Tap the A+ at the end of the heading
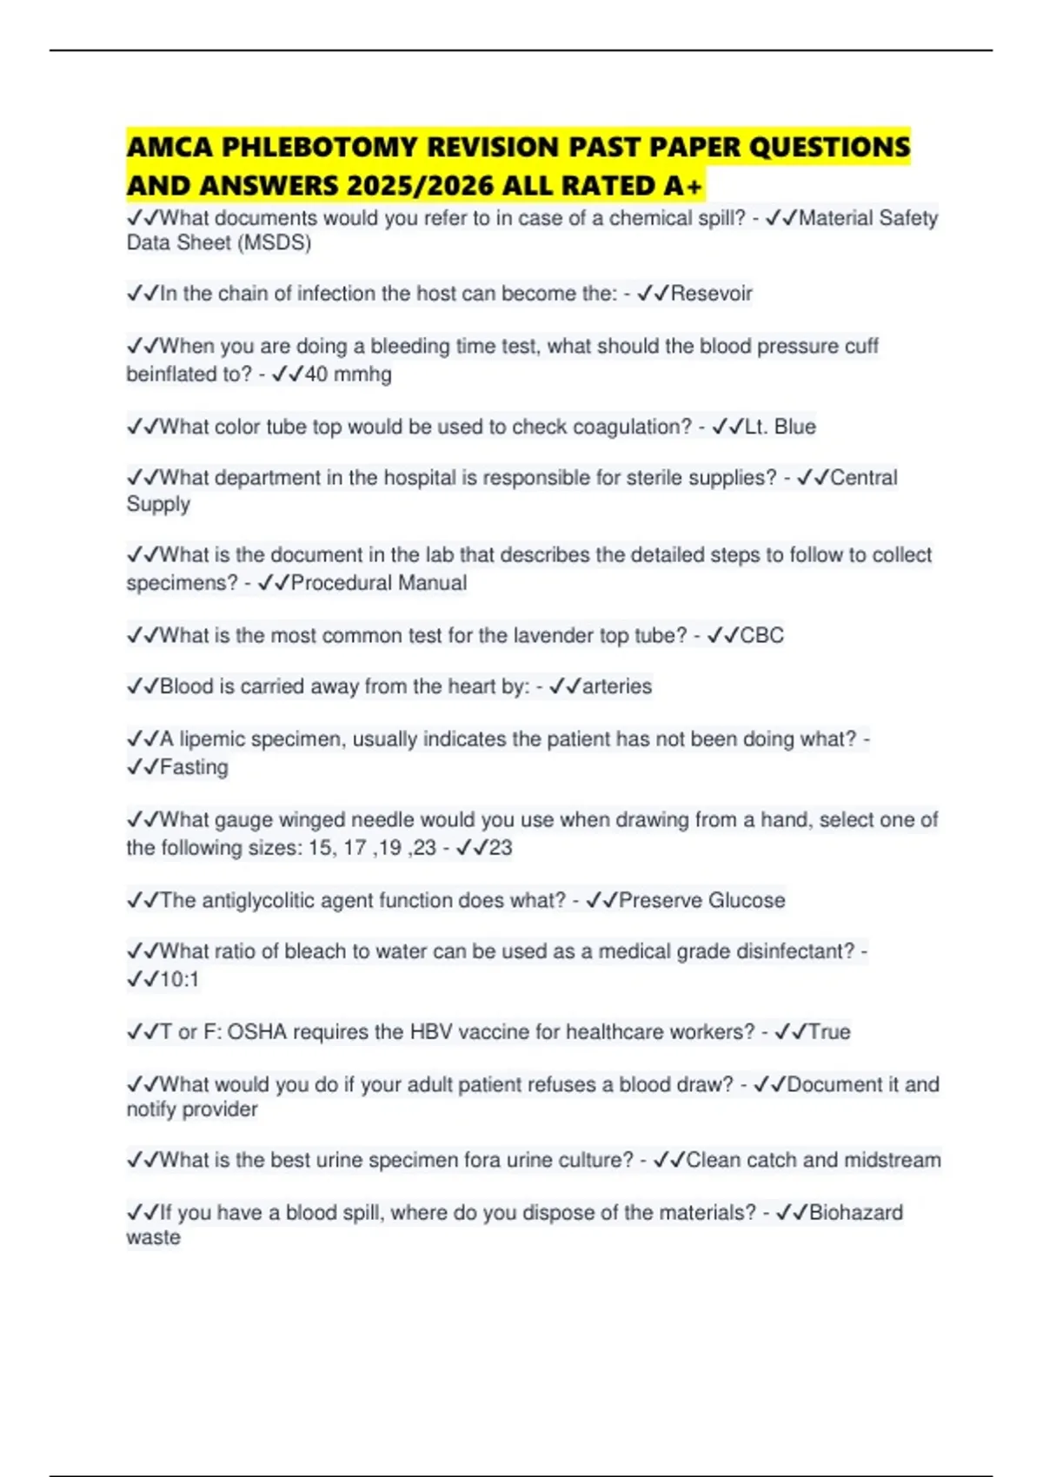coord(685,186)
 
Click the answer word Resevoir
coord(711,294)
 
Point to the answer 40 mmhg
coord(348,374)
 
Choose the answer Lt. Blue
coord(781,427)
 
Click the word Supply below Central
coord(158,505)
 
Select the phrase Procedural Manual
coord(379,583)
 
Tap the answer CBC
coord(761,636)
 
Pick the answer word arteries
coord(616,686)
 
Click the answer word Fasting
coord(194,767)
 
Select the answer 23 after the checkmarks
coord(500,848)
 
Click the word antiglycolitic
coord(258,900)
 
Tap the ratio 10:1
coord(180,980)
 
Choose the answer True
coord(829,1032)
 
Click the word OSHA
coord(256,1032)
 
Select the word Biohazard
coord(855,1213)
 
